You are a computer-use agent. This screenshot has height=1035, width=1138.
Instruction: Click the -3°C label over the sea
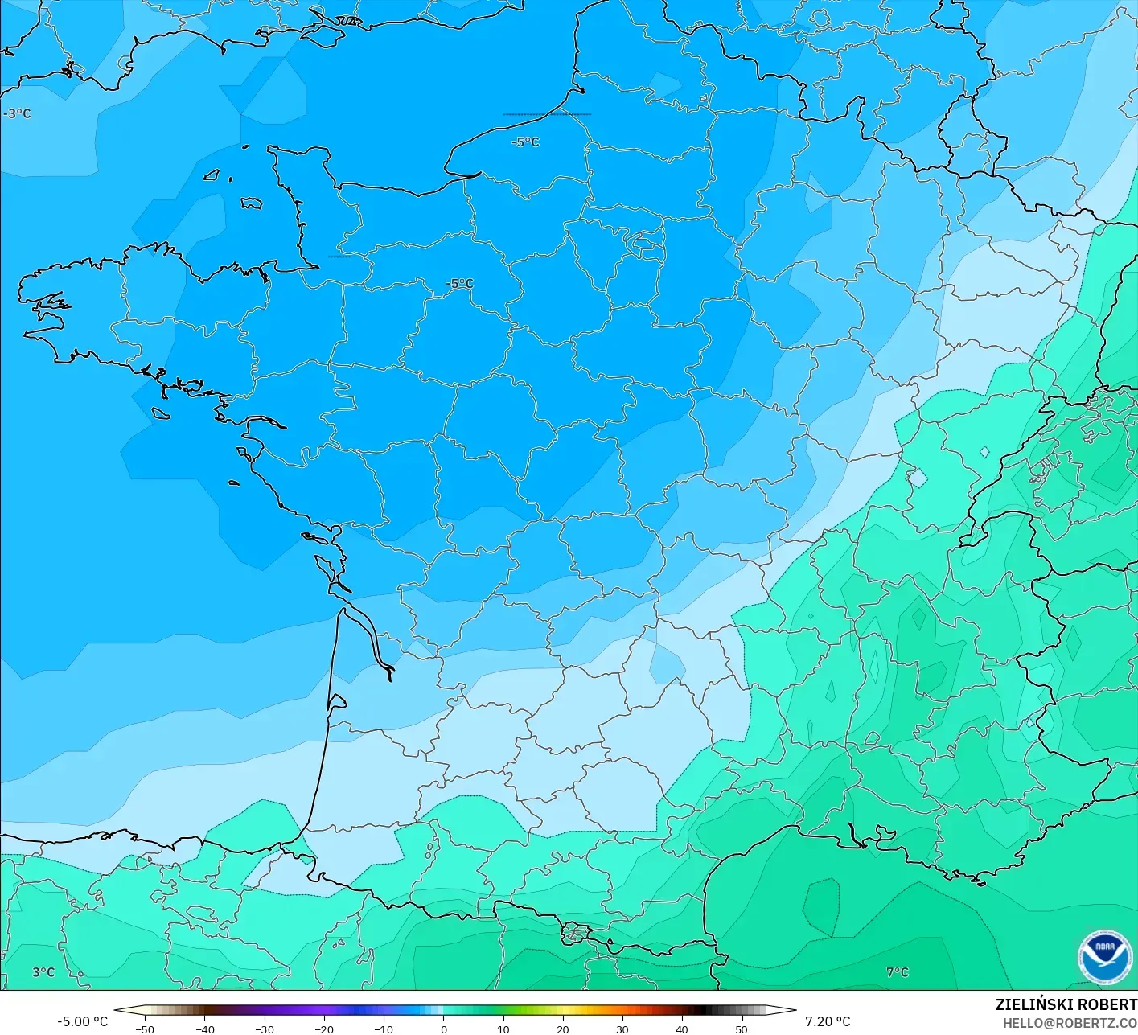(x=17, y=113)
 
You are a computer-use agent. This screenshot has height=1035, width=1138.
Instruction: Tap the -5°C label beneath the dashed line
(x=525, y=142)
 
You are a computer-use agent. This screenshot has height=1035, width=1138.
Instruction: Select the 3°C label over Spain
(x=43, y=971)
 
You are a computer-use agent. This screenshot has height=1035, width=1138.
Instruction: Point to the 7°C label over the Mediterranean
(x=897, y=971)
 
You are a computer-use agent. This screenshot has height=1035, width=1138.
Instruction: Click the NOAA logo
(x=1104, y=956)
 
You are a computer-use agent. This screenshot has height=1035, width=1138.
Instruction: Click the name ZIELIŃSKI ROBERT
(x=1066, y=1004)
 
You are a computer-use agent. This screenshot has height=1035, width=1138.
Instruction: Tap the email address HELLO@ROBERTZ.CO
(x=1070, y=1022)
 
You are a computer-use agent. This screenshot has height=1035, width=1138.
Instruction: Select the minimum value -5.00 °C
(x=82, y=1021)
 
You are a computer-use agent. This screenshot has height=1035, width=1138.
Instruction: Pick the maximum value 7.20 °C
(x=828, y=1021)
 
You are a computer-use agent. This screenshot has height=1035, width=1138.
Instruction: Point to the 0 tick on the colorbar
(x=443, y=1029)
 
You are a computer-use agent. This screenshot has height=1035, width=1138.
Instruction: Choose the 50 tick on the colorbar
(x=742, y=1029)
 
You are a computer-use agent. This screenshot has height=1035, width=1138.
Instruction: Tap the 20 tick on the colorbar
(x=562, y=1029)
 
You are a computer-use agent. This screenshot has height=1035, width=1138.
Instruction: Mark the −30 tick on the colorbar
(x=264, y=1029)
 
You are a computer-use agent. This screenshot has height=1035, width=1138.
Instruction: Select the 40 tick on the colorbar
(x=682, y=1029)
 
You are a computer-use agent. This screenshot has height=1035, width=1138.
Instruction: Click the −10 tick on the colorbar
(x=384, y=1029)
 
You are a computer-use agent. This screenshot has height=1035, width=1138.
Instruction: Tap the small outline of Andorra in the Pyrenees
(x=576, y=934)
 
